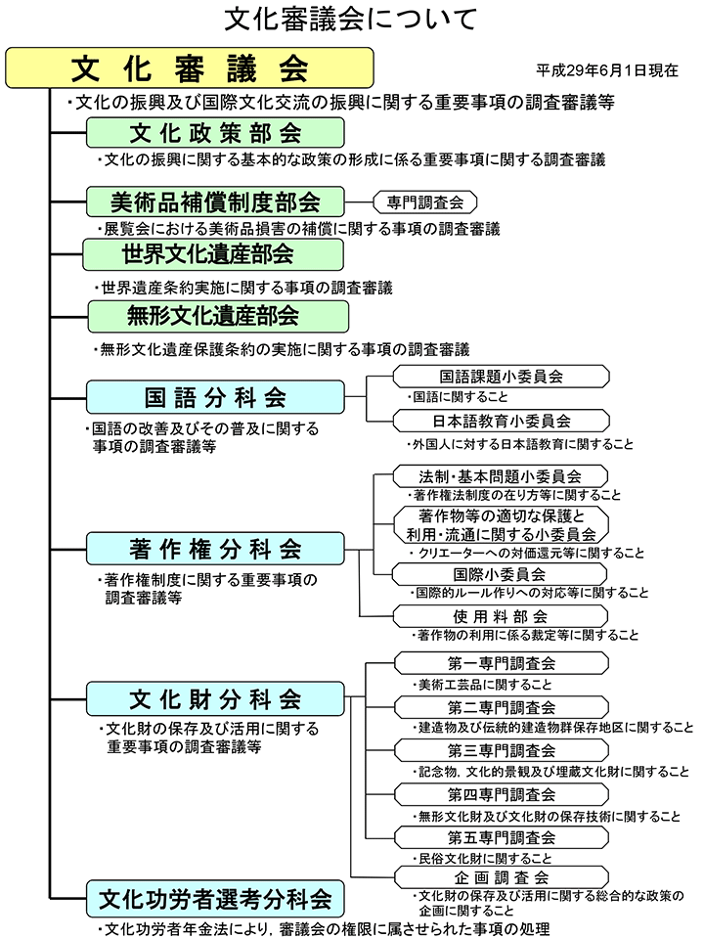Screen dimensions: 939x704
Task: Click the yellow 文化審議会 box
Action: (x=190, y=67)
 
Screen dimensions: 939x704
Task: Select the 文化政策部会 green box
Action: (x=215, y=133)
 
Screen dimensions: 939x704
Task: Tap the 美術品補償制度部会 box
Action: (x=215, y=201)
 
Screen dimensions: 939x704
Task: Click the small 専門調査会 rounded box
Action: (x=424, y=202)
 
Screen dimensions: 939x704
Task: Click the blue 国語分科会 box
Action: (x=215, y=397)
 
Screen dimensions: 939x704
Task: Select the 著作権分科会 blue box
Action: (x=215, y=548)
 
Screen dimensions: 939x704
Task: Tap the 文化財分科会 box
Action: (x=215, y=699)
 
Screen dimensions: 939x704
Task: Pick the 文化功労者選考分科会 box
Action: (x=215, y=896)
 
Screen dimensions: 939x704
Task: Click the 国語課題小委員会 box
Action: (x=502, y=376)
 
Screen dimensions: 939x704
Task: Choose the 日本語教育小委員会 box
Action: (x=502, y=421)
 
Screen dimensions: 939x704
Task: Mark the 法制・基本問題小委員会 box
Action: (x=502, y=476)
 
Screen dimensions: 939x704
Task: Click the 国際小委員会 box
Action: (x=500, y=573)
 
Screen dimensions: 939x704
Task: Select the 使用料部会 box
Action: (x=500, y=616)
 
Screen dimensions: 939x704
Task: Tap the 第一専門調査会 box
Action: (x=502, y=663)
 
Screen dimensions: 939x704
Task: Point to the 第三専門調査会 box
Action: (x=502, y=750)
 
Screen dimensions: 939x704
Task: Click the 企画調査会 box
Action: (x=502, y=877)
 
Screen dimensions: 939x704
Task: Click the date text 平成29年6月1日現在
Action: (x=607, y=70)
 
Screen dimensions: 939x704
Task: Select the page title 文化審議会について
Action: (x=351, y=19)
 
